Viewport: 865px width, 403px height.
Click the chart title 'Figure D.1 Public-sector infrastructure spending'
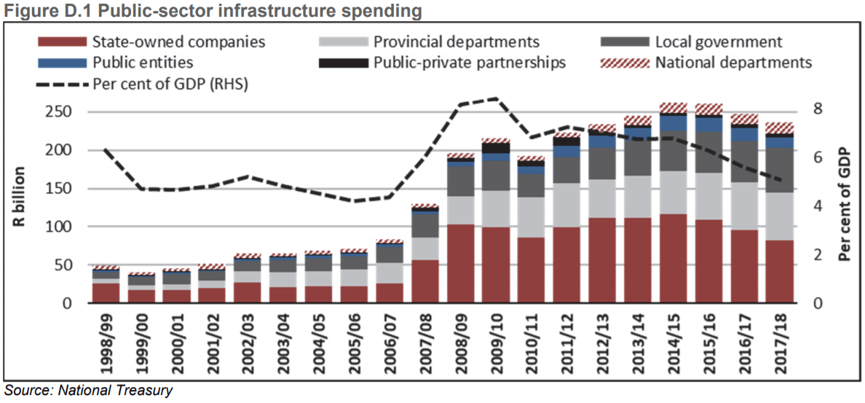tap(213, 11)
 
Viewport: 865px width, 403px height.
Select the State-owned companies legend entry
tap(178, 42)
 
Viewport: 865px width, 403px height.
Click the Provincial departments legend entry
tap(456, 42)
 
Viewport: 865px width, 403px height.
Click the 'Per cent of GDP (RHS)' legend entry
tap(171, 84)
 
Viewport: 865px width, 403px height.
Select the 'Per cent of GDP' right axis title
tap(845, 204)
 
